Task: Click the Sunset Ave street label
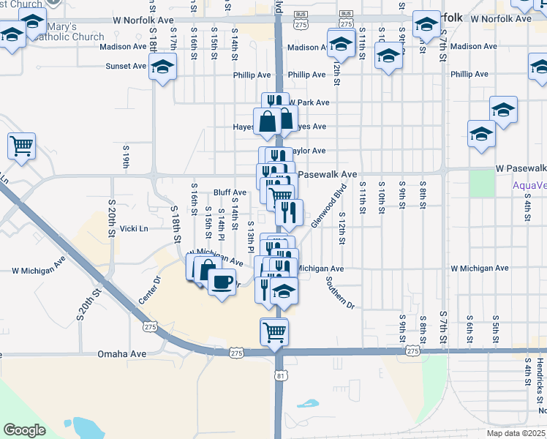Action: tap(126, 65)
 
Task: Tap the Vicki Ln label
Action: tap(134, 228)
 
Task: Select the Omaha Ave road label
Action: tap(122, 354)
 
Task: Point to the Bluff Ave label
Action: tap(230, 192)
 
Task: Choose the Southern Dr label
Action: tap(340, 293)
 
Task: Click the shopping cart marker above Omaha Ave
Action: tap(274, 332)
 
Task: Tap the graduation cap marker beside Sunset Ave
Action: tap(163, 68)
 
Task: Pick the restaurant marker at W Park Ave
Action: tap(272, 103)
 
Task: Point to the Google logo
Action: tap(25, 430)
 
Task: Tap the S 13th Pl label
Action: tap(251, 236)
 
